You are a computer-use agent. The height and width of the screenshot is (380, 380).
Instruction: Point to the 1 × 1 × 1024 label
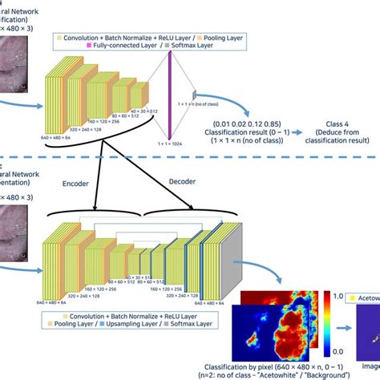tap(171, 143)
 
